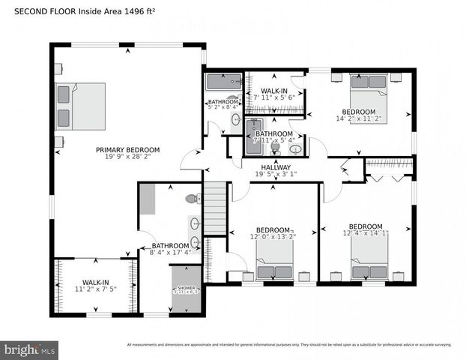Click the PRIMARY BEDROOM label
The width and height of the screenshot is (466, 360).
[x=124, y=150]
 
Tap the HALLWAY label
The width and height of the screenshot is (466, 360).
[x=275, y=167]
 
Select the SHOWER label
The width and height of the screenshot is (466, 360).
[x=186, y=288]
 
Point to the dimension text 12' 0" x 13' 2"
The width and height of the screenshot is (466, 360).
[x=273, y=237]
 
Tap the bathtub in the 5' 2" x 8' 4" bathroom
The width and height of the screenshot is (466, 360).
[x=224, y=82]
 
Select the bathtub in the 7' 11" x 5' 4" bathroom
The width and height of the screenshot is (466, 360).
[x=252, y=136]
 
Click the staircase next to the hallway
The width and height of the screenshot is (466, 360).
[x=214, y=209]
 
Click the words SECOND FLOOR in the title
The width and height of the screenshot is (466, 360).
[x=30, y=12]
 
